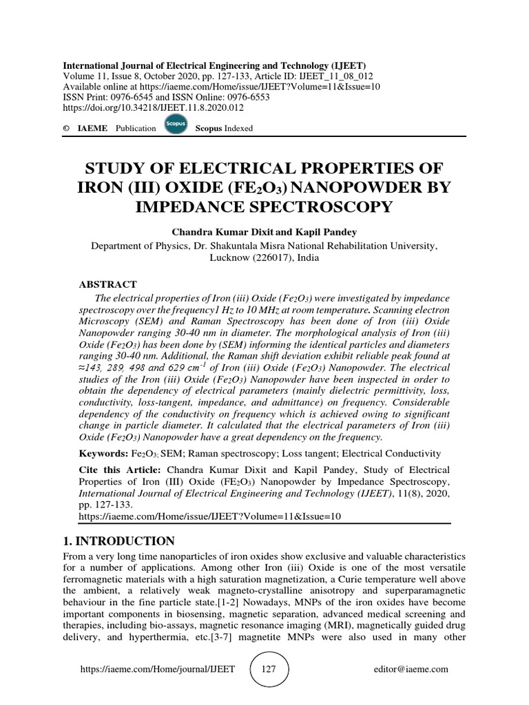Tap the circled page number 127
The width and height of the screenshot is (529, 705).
point(269,669)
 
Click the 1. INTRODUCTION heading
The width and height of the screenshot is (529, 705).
point(120,540)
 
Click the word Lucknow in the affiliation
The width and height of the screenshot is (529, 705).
point(229,257)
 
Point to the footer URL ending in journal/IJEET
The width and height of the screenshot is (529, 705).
point(158,669)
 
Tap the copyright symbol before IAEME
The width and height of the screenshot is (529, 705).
point(66,128)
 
